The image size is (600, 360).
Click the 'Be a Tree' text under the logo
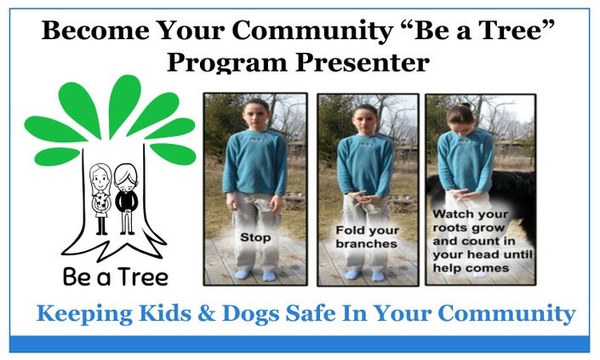click(x=114, y=277)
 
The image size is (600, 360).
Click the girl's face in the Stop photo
click(x=252, y=115)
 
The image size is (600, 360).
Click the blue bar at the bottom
click(x=300, y=343)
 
